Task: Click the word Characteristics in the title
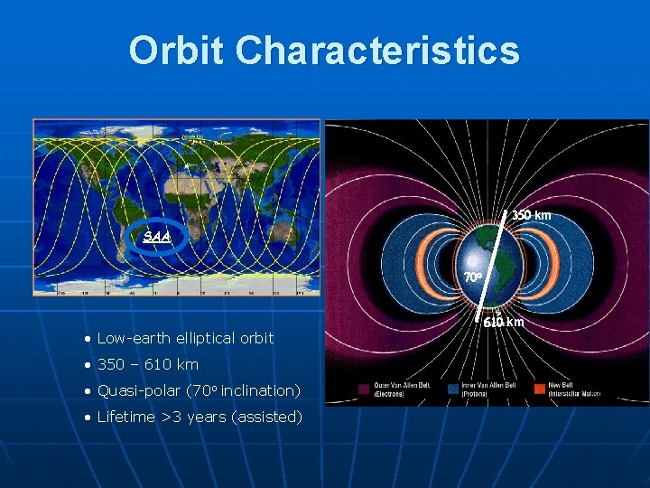pyautogui.click(x=377, y=51)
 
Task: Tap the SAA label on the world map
pyautogui.click(x=157, y=236)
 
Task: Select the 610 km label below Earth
pyautogui.click(x=504, y=323)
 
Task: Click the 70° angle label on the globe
pyautogui.click(x=473, y=277)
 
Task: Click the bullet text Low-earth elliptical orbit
pyautogui.click(x=184, y=338)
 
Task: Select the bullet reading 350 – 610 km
pyautogui.click(x=147, y=364)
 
